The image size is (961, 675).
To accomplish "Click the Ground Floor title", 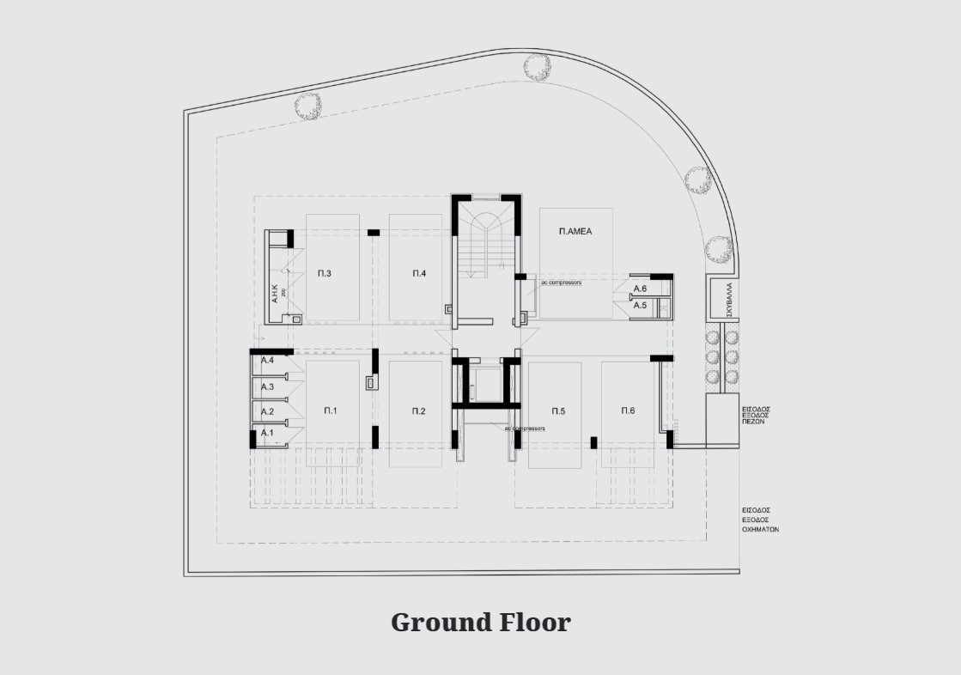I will pos(480,622).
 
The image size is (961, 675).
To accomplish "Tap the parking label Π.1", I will pos(331,411).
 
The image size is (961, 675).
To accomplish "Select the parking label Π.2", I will pos(418,411).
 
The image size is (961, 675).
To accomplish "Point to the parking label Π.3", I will pos(325,273).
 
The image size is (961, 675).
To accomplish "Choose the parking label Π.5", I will pos(557,411).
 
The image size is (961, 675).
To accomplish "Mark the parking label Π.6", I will pos(628,410).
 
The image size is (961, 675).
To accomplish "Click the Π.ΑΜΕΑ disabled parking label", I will pos(575,231).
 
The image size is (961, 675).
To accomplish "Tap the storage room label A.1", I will pos(267,432).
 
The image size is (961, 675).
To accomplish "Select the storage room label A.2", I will pos(267,411).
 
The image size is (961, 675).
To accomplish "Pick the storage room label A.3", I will pos(267,387).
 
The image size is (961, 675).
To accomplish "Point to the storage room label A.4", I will pos(267,361).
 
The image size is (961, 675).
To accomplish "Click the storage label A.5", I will pos(640,305).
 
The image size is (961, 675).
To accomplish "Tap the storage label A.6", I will pos(640,289).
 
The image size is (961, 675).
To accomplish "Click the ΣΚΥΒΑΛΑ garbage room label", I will pos(727,299).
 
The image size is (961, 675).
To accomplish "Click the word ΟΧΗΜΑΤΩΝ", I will pos(760,530).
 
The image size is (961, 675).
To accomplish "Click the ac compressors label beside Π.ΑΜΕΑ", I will pos(561,283).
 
